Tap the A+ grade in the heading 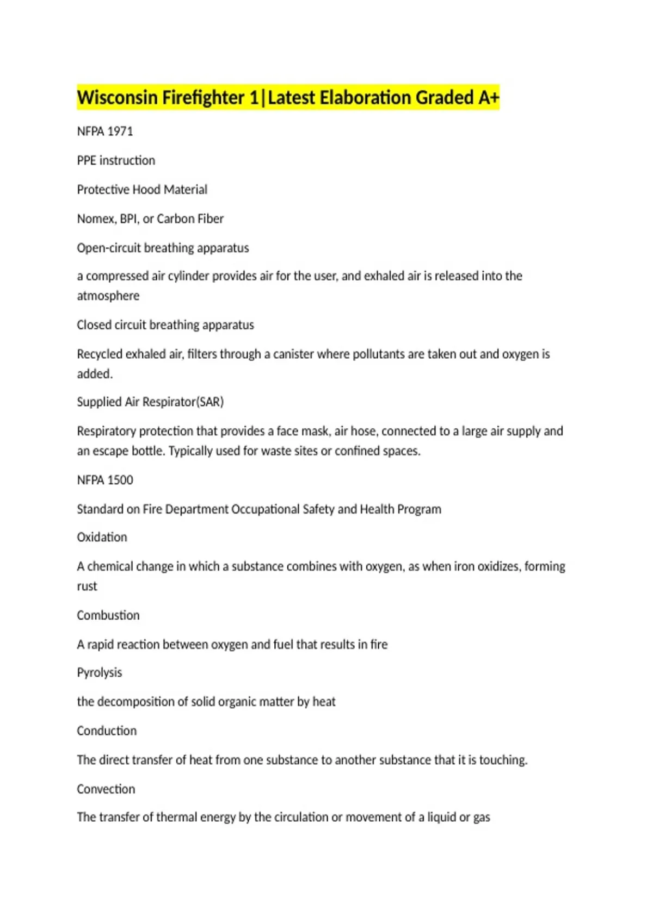click(488, 98)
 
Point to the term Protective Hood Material click(142, 190)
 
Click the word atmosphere click(108, 296)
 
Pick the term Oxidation click(102, 538)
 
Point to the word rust click(87, 586)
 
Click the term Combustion click(108, 616)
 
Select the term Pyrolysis click(100, 673)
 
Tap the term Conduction click(107, 731)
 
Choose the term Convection click(106, 789)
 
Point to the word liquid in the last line click(441, 817)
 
